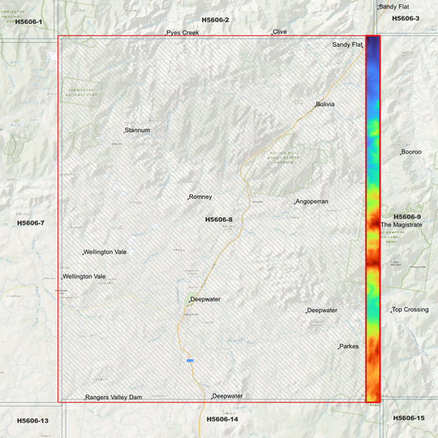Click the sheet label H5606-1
pyautogui.click(x=28, y=21)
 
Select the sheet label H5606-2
pyautogui.click(x=215, y=19)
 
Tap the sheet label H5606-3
pyautogui.click(x=405, y=18)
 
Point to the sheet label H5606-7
pyautogui.click(x=30, y=223)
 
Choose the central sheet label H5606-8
pyautogui.click(x=219, y=219)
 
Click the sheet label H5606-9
pyautogui.click(x=408, y=216)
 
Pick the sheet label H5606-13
pyautogui.click(x=33, y=421)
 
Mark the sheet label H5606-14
pyautogui.click(x=222, y=419)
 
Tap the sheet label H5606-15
pyautogui.click(x=408, y=418)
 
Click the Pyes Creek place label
pyautogui.click(x=182, y=33)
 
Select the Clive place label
pyautogui.click(x=280, y=31)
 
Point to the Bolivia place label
pyautogui.click(x=326, y=104)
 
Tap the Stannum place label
pyautogui.click(x=137, y=130)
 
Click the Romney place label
pyautogui.click(x=201, y=197)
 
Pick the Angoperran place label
pyautogui.click(x=312, y=201)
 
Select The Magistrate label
pyautogui.click(x=401, y=224)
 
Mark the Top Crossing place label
pyautogui.click(x=410, y=310)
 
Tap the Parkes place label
pyautogui.click(x=349, y=346)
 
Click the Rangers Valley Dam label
pyautogui.click(x=113, y=398)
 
